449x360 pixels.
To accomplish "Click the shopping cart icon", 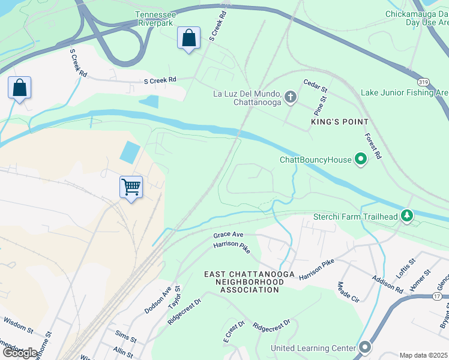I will tap(131, 187).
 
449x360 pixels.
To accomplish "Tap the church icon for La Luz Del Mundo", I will tap(290, 97).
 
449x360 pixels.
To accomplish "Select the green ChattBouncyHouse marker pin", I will tap(361, 160).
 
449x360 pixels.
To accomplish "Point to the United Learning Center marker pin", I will tap(365, 348).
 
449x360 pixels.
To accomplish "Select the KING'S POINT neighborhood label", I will tap(339, 122).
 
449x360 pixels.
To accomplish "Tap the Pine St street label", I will tap(320, 106).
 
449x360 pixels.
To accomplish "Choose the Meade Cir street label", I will tap(348, 292).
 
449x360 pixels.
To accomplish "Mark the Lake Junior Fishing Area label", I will tap(404, 92).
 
